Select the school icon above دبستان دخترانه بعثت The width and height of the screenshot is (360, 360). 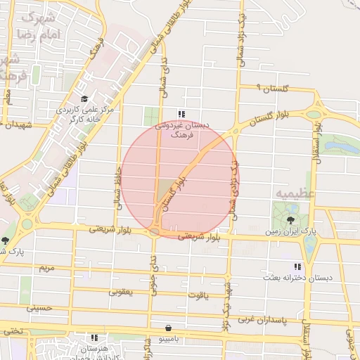297,266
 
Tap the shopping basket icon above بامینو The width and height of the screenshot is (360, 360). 167,328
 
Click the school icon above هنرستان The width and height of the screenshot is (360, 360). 94,337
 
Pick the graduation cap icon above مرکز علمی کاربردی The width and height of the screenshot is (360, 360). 85,98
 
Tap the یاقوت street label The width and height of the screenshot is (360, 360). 202,295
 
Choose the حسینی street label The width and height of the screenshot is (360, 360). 39,307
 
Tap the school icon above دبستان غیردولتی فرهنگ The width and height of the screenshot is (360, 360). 181,113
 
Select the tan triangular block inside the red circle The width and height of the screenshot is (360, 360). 165,189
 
